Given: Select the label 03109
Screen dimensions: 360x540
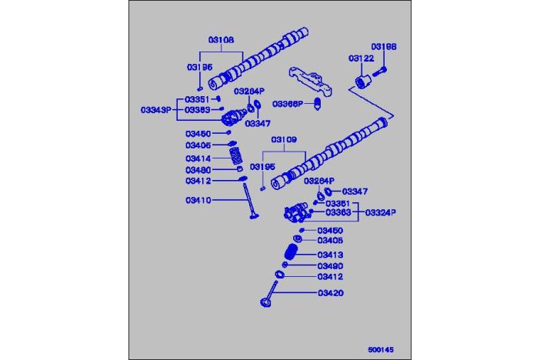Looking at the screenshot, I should coord(285,141).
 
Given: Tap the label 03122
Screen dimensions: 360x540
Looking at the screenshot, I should coord(360,58).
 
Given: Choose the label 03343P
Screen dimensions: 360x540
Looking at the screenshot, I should coord(155,110).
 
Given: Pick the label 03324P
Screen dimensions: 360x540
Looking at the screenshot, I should coord(381,212).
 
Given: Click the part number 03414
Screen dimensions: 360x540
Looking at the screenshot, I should coord(198,158).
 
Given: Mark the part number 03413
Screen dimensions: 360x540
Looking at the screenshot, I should coord(331,254).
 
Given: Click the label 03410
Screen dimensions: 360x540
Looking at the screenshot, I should coord(198,200).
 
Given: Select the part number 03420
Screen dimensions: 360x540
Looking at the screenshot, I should coord(331,292).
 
